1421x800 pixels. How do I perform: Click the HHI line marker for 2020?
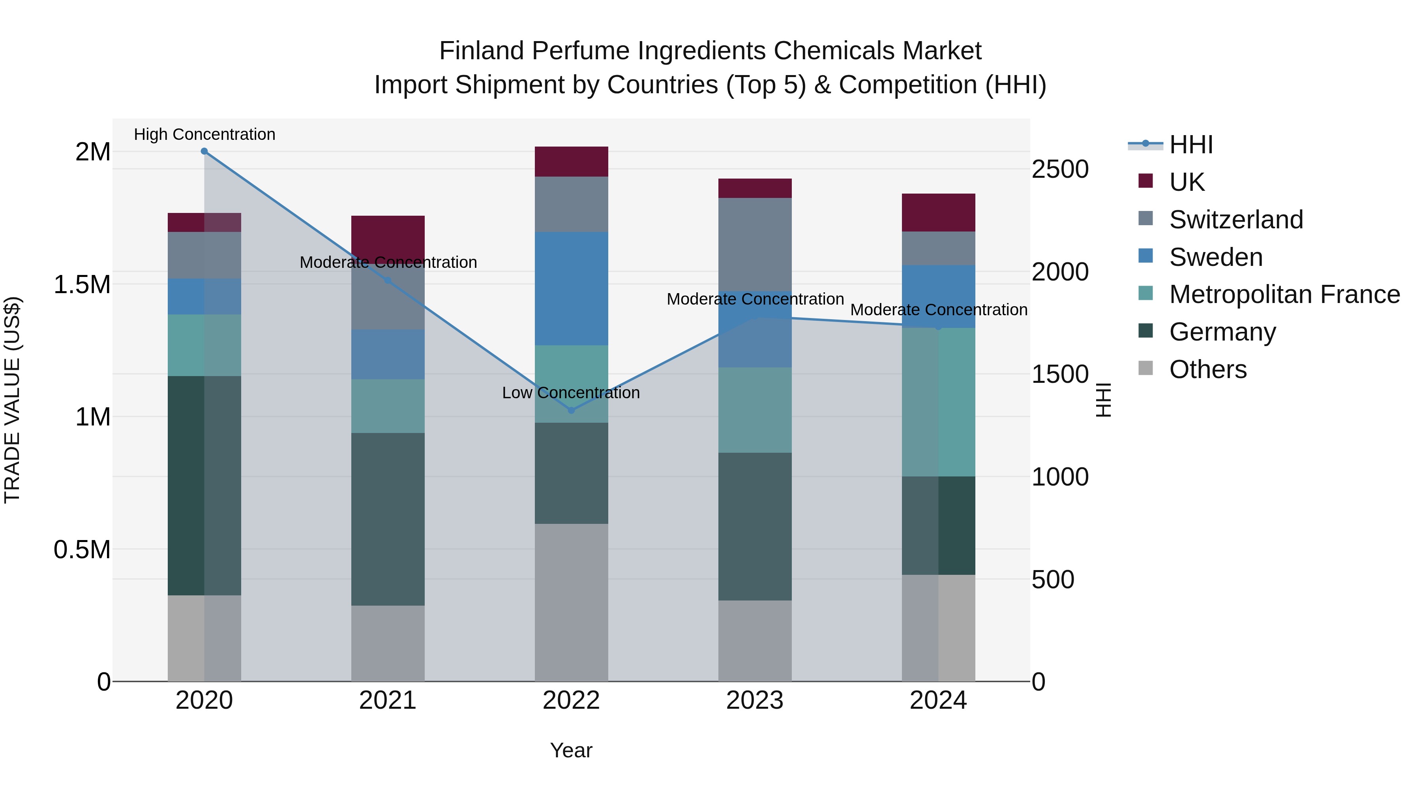coord(204,151)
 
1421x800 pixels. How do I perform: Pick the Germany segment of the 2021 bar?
coord(388,519)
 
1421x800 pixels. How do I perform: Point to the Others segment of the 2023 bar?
coord(755,640)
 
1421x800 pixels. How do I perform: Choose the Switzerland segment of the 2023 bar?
coord(755,244)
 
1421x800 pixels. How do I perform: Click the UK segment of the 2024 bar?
coord(938,213)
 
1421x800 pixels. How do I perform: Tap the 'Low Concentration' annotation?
coord(571,393)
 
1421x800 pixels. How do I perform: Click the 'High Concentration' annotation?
coord(204,135)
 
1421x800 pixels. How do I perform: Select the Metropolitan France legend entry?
coord(1284,295)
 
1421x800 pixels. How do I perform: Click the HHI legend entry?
coord(1190,145)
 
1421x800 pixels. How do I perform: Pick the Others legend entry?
coord(1207,369)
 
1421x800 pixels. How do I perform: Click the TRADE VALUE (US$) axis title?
coord(13,400)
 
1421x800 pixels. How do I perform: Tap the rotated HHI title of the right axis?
coord(1103,400)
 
